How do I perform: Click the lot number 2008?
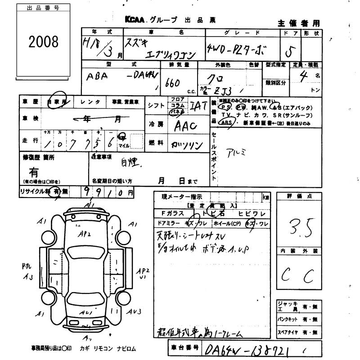[x=43, y=42]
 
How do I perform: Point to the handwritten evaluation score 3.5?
[x=297, y=226]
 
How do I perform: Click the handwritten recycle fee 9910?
[x=103, y=192]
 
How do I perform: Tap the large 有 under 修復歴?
[x=34, y=171]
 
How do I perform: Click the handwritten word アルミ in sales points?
[x=237, y=152]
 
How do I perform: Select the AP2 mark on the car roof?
[x=85, y=234]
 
